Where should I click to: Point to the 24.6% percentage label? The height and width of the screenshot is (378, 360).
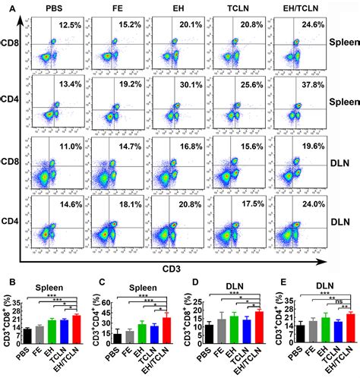(298, 25)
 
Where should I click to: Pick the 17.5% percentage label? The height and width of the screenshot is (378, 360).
(240, 203)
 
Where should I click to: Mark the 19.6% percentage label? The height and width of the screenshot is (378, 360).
(298, 144)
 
